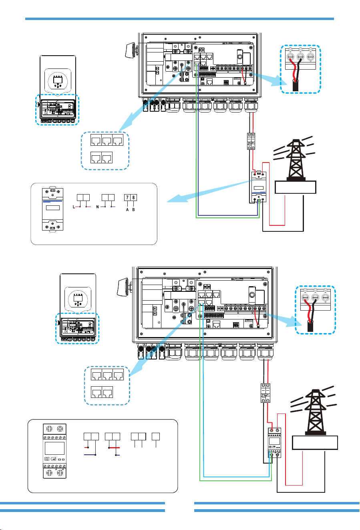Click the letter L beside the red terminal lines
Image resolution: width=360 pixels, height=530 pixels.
(74, 207)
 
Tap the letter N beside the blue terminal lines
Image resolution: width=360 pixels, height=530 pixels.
(97, 207)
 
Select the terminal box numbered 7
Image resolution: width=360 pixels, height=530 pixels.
(127, 198)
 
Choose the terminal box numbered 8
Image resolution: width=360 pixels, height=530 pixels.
(134, 198)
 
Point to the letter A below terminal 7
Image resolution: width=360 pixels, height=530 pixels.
(127, 210)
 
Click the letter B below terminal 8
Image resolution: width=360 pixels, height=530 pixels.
(133, 210)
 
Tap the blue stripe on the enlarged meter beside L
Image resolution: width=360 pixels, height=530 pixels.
(52, 201)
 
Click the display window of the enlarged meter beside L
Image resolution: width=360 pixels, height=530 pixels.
(53, 208)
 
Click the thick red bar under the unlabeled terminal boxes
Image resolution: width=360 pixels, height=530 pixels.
(114, 448)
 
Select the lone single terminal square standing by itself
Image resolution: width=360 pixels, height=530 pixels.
(156, 437)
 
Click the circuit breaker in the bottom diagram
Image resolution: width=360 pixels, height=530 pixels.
(265, 393)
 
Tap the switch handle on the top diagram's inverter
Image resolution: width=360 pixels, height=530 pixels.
(130, 50)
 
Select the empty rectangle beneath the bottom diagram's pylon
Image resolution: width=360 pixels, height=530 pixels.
(315, 443)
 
